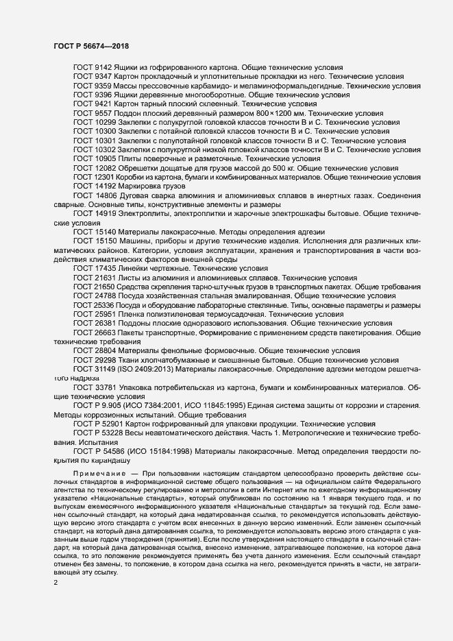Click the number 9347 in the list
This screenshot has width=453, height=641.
[106, 78]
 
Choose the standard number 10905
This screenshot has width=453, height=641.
[108, 158]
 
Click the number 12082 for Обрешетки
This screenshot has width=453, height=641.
[108, 167]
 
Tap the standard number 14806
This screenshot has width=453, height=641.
[108, 195]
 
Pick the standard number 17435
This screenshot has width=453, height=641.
[108, 268]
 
